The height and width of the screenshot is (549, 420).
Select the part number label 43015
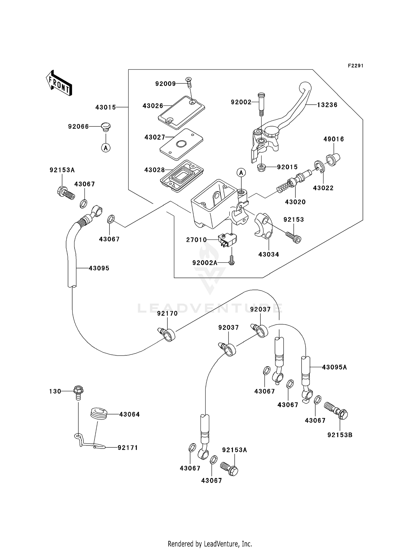tap(105, 107)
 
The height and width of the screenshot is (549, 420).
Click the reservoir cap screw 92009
tap(189, 83)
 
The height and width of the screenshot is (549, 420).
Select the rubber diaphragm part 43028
tap(182, 175)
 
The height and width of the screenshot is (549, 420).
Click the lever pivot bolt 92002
tap(261, 104)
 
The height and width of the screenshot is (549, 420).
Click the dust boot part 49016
tap(333, 159)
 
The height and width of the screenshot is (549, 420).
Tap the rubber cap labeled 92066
tap(106, 126)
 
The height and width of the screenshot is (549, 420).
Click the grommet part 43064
tap(99, 414)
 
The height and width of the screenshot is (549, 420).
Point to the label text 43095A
tap(334, 367)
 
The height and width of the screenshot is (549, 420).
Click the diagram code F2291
tap(355, 66)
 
